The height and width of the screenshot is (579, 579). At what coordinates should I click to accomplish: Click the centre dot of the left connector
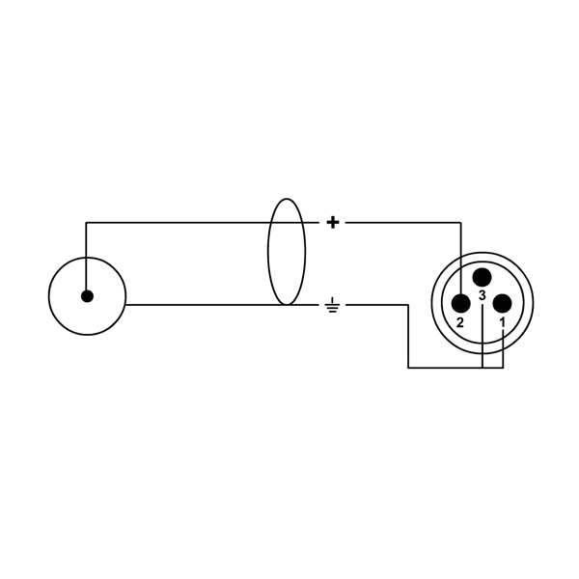tap(87, 296)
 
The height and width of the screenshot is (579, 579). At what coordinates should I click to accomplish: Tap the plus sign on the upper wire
tap(333, 223)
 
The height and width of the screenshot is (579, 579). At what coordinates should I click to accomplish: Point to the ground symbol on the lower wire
tap(333, 307)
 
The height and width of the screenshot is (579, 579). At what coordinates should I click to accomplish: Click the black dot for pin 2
tap(460, 303)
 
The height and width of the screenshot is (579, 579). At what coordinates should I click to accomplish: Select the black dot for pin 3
tap(482, 278)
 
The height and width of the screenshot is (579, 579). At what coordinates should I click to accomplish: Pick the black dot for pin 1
tap(502, 303)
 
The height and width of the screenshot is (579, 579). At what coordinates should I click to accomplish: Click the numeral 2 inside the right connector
tap(460, 323)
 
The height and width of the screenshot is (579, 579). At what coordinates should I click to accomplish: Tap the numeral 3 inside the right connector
tap(482, 295)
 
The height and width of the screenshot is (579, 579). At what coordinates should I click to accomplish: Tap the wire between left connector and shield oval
tap(193, 305)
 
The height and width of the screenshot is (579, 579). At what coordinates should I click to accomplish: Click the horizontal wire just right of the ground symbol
tap(376, 305)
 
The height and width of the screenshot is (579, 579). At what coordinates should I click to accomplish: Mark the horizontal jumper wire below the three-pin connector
tap(444, 368)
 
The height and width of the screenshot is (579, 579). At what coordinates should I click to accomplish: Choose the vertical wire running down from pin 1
tap(502, 347)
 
